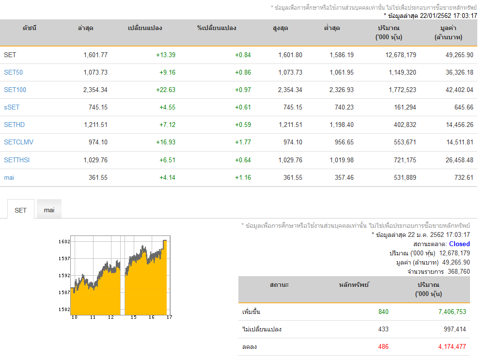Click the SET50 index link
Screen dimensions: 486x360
tap(14, 72)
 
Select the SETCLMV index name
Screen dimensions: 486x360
tap(18, 142)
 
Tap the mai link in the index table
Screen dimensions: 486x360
tap(9, 177)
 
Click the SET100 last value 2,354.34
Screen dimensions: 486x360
tap(95, 90)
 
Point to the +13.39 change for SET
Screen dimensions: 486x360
tap(166, 55)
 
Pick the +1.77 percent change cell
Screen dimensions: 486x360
tap(243, 142)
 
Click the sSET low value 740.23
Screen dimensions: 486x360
tap(344, 107)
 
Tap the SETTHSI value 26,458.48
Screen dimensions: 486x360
tap(459, 160)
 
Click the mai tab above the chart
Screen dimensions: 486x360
tap(49, 210)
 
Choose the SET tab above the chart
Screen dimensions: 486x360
tap(20, 210)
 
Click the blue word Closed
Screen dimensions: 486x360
tap(459, 244)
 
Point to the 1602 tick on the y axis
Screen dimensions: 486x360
tap(64, 242)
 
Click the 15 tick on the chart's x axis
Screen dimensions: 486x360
tap(134, 317)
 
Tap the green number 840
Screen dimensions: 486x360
tap(383, 312)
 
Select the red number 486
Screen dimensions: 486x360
tap(383, 347)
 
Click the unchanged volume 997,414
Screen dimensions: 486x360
tap(455, 329)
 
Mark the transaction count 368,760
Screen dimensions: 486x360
tap(459, 272)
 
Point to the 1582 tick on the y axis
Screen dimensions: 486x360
tap(64, 309)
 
